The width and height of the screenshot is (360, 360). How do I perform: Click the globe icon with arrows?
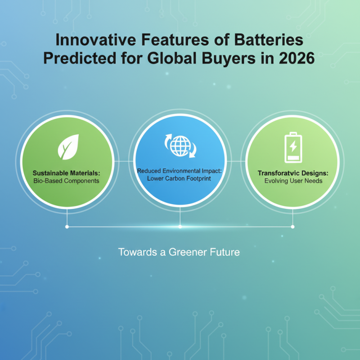pyautogui.click(x=180, y=145)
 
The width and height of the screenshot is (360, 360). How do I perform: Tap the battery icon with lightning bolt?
pyautogui.click(x=293, y=147)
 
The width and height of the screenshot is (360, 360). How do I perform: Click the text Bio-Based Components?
pyautogui.click(x=66, y=181)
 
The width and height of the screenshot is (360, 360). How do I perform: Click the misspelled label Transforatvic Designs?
pyautogui.click(x=293, y=173)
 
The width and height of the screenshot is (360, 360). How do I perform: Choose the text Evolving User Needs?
pyautogui.click(x=293, y=181)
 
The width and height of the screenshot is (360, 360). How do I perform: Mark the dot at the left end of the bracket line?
pyautogui.click(x=67, y=227)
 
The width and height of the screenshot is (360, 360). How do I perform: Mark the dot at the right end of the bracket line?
pyautogui.click(x=293, y=227)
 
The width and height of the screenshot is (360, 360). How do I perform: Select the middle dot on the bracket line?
pyautogui.click(x=180, y=227)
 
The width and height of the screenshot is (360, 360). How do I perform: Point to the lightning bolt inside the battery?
pyautogui.click(x=293, y=146)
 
